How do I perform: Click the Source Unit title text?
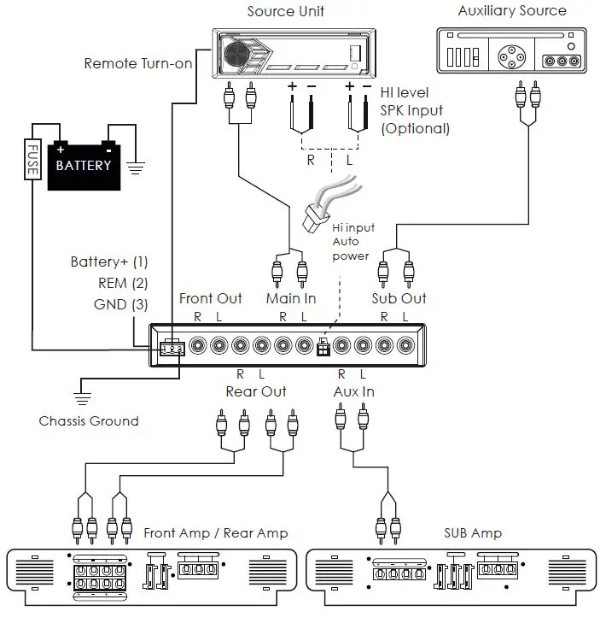pyautogui.click(x=286, y=11)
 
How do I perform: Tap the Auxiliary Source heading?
pyautogui.click(x=511, y=11)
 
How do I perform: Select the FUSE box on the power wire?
pyautogui.click(x=32, y=158)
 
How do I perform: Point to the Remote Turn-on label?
pyautogui.click(x=138, y=63)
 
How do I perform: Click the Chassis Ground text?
pyautogui.click(x=89, y=420)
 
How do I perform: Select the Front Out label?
pyautogui.click(x=210, y=298)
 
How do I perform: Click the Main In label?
pyautogui.click(x=290, y=298)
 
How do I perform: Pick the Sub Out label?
pyautogui.click(x=399, y=298)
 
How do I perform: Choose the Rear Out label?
pyautogui.click(x=256, y=391)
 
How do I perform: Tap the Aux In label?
pyautogui.click(x=353, y=391)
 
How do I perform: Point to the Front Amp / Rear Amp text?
pyautogui.click(x=216, y=532)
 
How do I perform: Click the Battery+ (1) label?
pyautogui.click(x=109, y=261)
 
